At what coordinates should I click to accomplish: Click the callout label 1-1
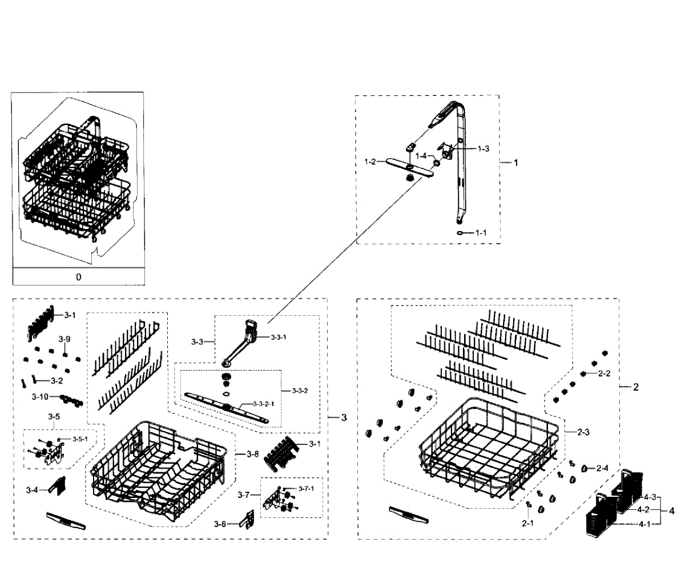tap(481, 233)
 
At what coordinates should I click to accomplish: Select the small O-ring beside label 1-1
tap(460, 233)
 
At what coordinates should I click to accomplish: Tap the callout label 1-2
tap(370, 162)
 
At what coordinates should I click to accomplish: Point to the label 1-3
tap(483, 149)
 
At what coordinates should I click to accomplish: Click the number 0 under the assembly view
tap(79, 277)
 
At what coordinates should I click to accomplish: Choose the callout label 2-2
tap(604, 373)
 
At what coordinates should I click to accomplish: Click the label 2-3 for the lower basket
tap(583, 432)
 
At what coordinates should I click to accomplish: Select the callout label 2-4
tap(602, 468)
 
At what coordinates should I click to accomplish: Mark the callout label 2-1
tap(528, 524)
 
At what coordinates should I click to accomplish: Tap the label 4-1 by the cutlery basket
tap(644, 524)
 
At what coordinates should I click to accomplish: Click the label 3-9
tap(65, 339)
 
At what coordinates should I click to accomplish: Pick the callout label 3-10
tap(41, 396)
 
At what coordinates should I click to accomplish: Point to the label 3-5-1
tap(80, 439)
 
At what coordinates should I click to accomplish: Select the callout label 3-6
tap(220, 524)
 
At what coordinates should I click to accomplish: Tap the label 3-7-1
tap(306, 489)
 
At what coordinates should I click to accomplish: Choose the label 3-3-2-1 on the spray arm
tap(264, 404)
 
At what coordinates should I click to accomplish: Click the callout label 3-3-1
tap(279, 337)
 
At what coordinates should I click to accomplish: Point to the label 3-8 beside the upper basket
tap(253, 455)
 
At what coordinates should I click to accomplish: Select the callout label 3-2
tap(57, 381)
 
